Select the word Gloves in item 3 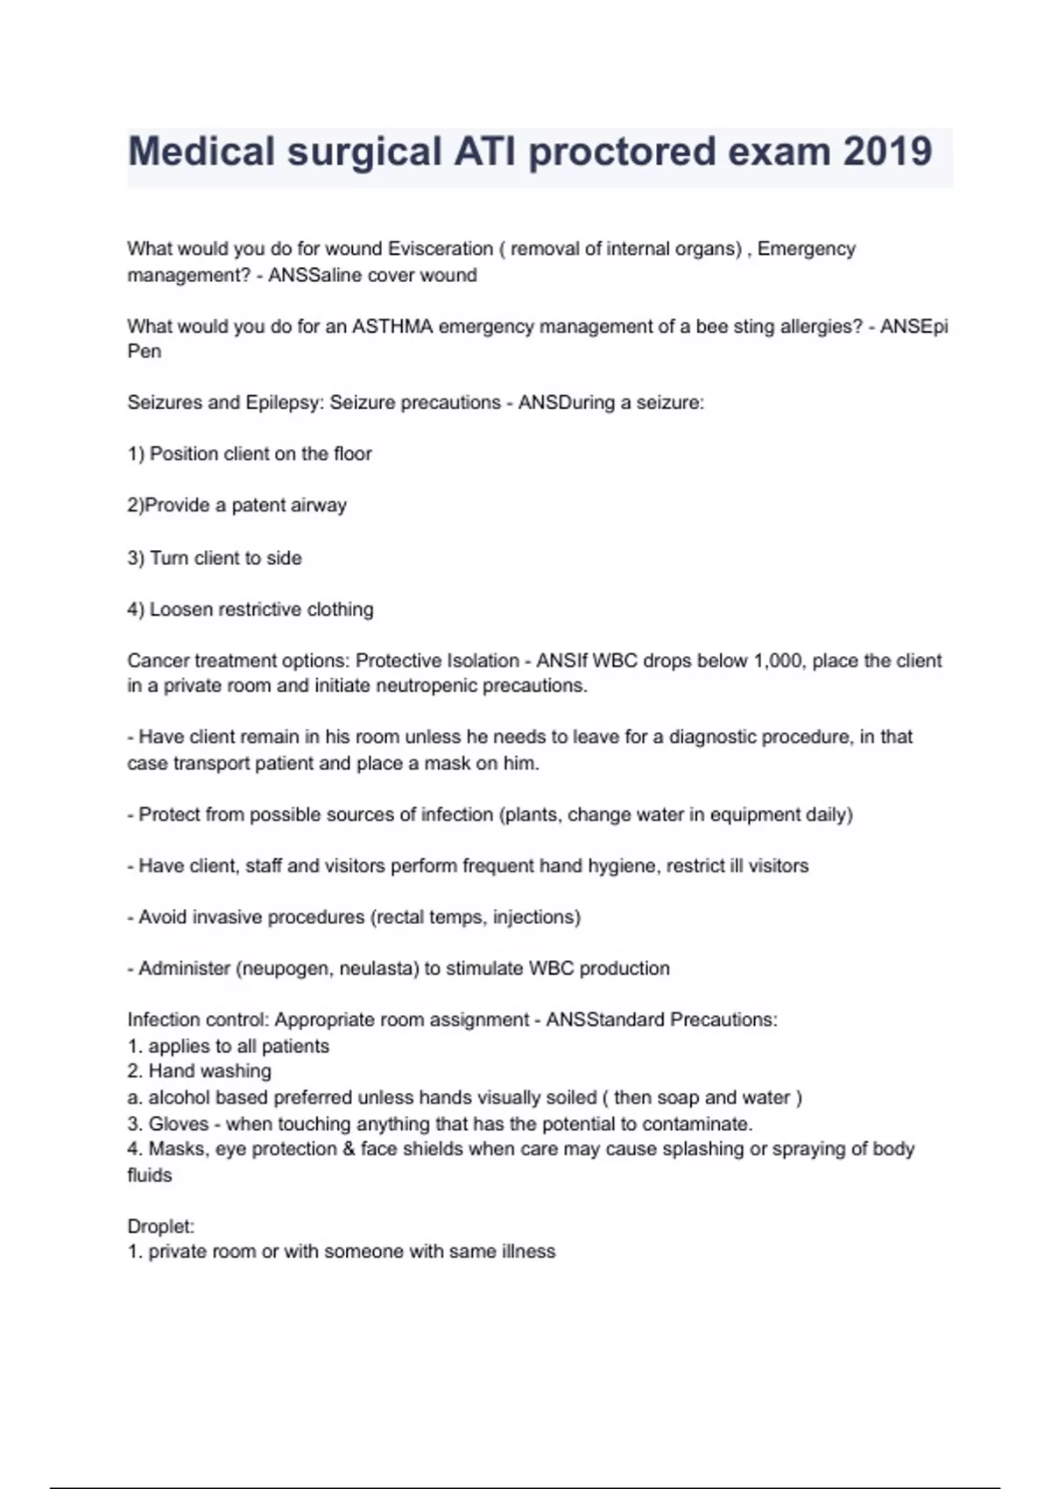click(x=179, y=1124)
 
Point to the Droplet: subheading click(x=161, y=1226)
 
